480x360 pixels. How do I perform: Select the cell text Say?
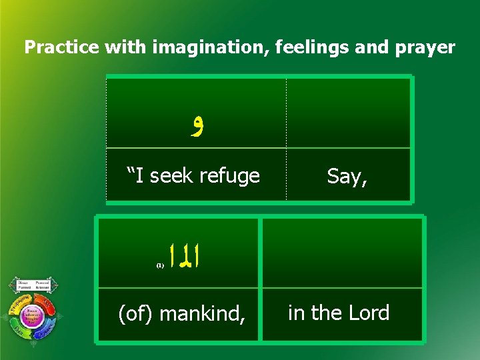[347, 176]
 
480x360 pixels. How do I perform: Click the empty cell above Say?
[347, 112]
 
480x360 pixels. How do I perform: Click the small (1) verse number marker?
[160, 265]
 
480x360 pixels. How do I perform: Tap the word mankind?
[203, 313]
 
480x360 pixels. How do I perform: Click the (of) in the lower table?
[135, 313]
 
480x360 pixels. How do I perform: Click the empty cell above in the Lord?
[342, 253]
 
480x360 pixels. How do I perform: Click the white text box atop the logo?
[32, 285]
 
